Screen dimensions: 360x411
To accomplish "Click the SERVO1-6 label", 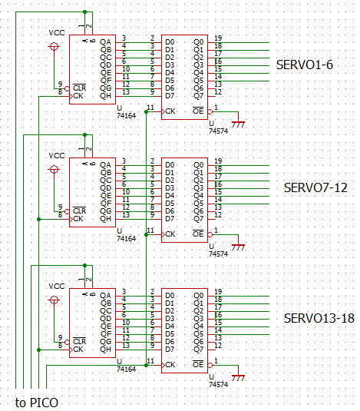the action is point(305,65).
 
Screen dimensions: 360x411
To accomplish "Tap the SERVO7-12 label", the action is point(315,187).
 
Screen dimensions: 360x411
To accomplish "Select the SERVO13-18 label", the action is point(319,318).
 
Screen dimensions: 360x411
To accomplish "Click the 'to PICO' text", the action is point(36,403).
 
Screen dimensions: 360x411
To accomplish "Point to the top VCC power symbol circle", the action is point(54,47).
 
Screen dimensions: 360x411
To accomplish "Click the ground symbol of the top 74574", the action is point(238,124).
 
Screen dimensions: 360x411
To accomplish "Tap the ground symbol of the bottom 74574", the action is point(238,378).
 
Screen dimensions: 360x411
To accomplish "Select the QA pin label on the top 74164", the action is point(105,42).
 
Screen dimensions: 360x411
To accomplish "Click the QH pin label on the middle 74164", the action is point(105,219).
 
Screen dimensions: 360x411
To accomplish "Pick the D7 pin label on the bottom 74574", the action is point(170,349).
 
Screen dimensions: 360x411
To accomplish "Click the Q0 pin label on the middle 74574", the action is point(198,165).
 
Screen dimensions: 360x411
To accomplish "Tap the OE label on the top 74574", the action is point(198,111).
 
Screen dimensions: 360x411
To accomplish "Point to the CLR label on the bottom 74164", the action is point(79,341).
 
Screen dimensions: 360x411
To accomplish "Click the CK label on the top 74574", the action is point(170,111).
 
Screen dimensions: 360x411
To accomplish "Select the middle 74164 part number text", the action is point(126,238).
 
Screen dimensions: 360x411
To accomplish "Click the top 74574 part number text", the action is point(218,131).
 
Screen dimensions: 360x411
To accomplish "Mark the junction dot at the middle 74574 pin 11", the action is point(146,234).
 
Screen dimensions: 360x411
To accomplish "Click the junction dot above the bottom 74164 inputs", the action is point(84,266).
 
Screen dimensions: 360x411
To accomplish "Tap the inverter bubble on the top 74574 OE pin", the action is point(210,111).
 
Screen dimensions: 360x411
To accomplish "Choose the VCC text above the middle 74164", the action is point(57,155).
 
